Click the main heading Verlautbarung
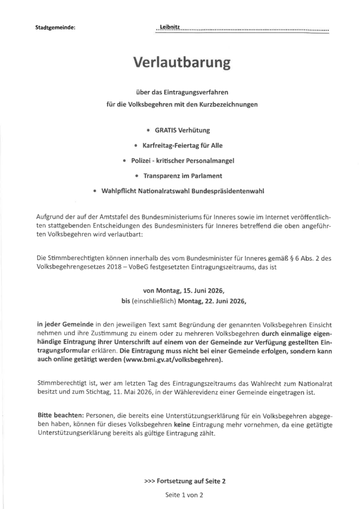(x=182, y=63)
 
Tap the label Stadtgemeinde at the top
(x=55, y=28)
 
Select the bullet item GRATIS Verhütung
(x=182, y=130)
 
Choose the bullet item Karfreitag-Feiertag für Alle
(x=182, y=146)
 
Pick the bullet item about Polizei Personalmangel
(x=182, y=161)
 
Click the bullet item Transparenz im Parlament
(x=182, y=176)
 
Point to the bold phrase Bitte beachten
(x=61, y=415)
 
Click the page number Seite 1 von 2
(x=184, y=495)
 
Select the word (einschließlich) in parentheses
(x=153, y=301)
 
